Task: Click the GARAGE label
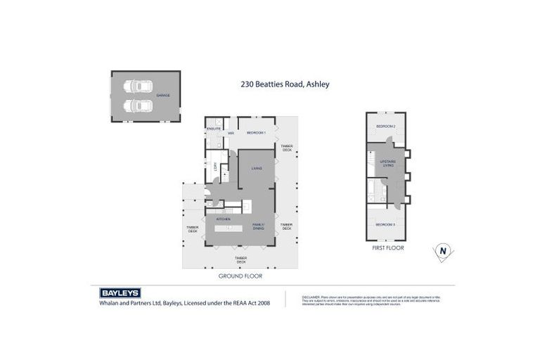tap(163, 96)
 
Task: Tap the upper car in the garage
tap(138, 87)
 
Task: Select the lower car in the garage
tap(138, 105)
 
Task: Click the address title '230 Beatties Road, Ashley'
tap(284, 84)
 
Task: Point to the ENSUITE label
tap(214, 129)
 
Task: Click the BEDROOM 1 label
tap(255, 133)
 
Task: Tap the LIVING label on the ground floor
tap(257, 168)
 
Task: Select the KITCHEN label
tap(224, 219)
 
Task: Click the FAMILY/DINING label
tap(258, 226)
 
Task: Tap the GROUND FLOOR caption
tap(240, 276)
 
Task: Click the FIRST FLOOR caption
tap(387, 248)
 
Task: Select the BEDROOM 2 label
tap(385, 126)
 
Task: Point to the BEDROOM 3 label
tap(385, 224)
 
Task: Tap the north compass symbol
tap(443, 251)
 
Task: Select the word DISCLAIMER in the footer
tap(311, 297)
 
